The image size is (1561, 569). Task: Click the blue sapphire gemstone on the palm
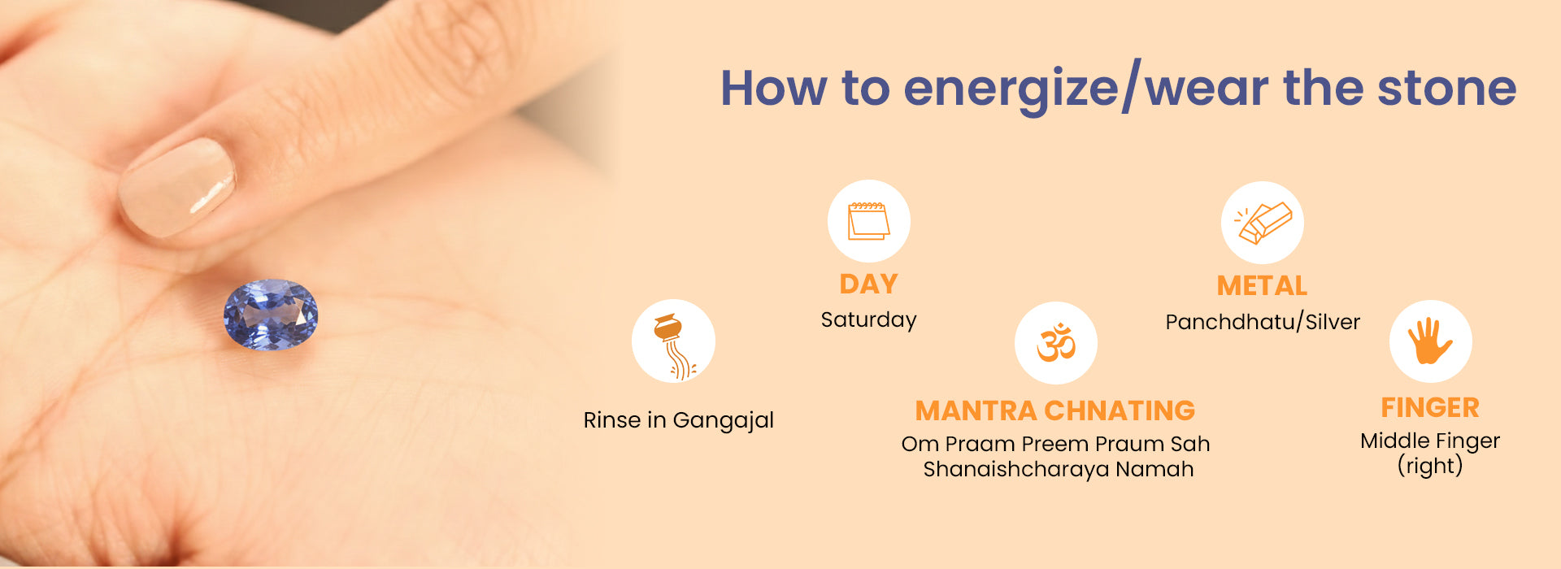[271, 315]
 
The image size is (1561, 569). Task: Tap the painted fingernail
[176, 188]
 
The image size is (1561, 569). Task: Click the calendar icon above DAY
[868, 221]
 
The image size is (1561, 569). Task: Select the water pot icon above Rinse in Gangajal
[674, 346]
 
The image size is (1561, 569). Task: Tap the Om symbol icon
[1056, 342]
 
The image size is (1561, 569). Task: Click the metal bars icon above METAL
[1263, 223]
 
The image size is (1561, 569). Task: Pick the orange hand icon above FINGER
[1430, 341]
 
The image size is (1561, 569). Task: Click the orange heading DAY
[868, 284]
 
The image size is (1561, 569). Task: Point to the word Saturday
[868, 320]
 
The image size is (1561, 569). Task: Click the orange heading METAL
[1262, 286]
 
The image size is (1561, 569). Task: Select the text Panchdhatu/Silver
[1263, 322]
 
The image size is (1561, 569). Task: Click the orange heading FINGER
[1430, 408]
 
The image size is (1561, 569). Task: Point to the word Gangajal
[724, 421]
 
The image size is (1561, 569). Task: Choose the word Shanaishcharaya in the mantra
[1016, 470]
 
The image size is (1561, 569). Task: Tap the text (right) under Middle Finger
[1430, 466]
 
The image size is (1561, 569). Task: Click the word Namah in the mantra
[1154, 469]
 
